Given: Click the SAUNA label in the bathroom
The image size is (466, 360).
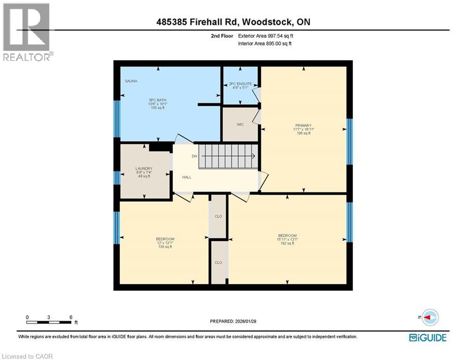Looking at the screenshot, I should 131,81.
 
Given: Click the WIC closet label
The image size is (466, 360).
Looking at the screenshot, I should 240,124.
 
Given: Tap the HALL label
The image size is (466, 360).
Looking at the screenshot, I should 186,177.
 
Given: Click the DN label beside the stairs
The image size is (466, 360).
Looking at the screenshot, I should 193,156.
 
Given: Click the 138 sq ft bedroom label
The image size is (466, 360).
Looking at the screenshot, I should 165,243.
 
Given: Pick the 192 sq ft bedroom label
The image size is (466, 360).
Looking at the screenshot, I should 287,239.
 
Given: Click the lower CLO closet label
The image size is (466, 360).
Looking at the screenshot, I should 218,262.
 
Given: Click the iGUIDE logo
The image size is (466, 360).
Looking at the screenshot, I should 427,337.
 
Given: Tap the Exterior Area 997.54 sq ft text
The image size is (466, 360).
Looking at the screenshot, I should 266,36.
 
